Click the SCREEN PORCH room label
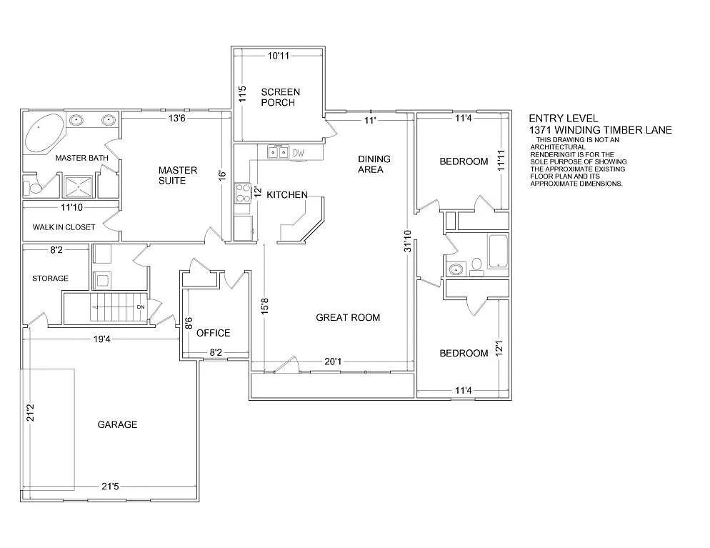280,97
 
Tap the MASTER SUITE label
172,175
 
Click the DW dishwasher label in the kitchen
299,153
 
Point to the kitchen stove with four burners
241,193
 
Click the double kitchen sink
278,152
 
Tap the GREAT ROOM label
348,317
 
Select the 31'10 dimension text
407,241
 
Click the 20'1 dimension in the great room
333,362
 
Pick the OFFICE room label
213,333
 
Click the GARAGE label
117,424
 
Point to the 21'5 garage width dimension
110,487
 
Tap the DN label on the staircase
140,308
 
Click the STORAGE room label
50,278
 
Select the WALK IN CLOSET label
64,227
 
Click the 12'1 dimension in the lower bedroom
501,348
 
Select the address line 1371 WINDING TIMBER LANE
600,130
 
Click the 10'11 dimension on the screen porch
279,55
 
